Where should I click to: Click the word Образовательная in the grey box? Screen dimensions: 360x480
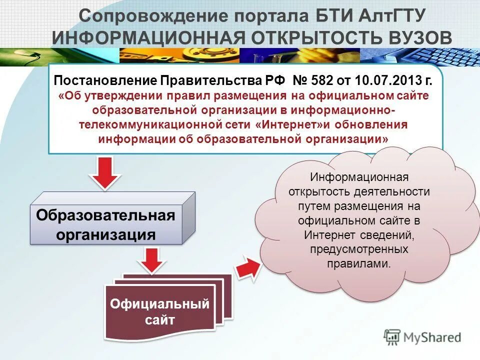[105, 216]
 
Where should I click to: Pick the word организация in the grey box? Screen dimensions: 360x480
[105, 234]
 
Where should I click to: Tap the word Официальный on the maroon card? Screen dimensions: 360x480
[159, 303]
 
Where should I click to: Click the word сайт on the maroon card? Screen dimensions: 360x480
[159, 320]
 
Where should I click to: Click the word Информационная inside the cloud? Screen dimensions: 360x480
[359, 177]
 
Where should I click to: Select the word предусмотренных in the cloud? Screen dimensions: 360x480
[359, 248]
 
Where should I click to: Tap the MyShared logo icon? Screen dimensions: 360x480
[392, 337]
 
